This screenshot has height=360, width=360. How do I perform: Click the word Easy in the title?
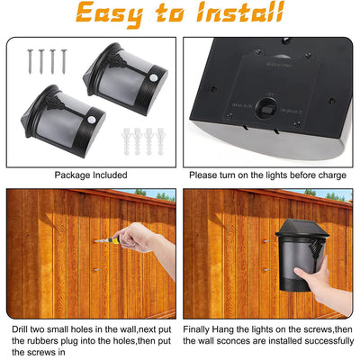[110, 14]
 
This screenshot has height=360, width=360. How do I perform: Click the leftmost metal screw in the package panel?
[31, 61]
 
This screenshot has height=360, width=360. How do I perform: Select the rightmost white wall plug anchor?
[160, 141]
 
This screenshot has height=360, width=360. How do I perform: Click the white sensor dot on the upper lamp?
[153, 77]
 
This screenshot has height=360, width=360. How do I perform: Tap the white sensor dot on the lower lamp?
[92, 121]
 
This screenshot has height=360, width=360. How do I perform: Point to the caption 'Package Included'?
[91, 175]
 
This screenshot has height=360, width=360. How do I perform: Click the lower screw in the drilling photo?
[97, 270]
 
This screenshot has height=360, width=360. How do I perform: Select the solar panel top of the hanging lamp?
[301, 227]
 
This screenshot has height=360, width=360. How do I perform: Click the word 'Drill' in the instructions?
[20, 329]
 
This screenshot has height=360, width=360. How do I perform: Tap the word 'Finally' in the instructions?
[196, 329]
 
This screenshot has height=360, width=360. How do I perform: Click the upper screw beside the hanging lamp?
[266, 241]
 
